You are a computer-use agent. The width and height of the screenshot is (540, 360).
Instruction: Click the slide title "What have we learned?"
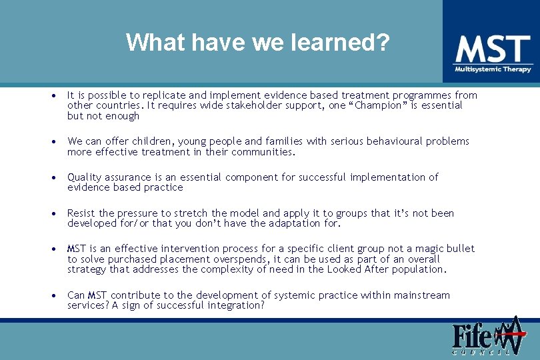[x=257, y=43]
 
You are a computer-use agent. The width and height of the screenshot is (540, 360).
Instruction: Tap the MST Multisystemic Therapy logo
[x=493, y=53]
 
